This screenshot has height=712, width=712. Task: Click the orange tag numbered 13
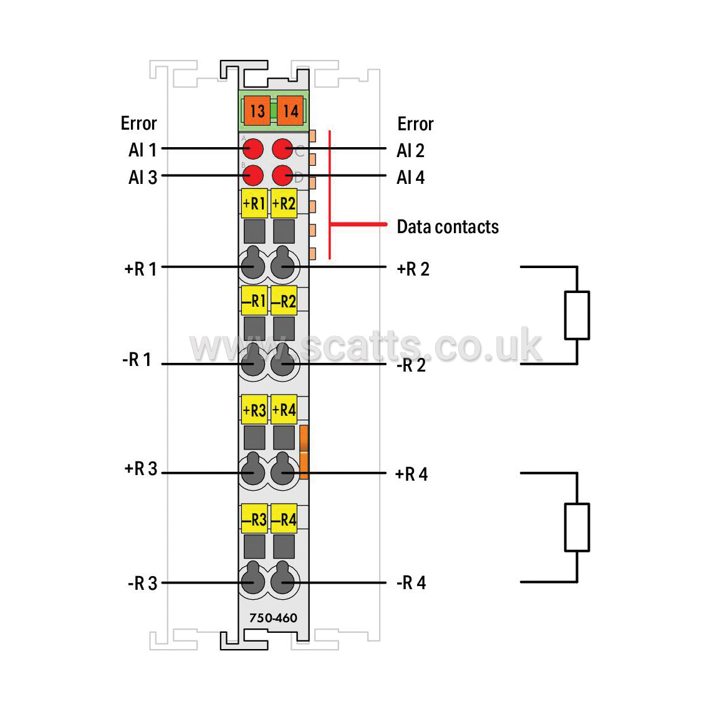click(x=257, y=110)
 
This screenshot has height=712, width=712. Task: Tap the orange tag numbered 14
click(x=290, y=110)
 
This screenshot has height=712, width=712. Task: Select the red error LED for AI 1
click(x=253, y=148)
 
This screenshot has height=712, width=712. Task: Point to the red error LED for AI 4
click(x=282, y=175)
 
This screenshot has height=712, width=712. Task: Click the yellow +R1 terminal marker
click(x=254, y=203)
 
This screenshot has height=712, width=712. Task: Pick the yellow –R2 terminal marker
click(x=284, y=301)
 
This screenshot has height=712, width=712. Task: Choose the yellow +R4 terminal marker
click(x=284, y=410)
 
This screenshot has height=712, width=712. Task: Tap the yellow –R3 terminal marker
click(x=254, y=519)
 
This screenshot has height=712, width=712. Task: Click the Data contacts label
click(x=448, y=226)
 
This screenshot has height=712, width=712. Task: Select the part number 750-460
click(x=273, y=618)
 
